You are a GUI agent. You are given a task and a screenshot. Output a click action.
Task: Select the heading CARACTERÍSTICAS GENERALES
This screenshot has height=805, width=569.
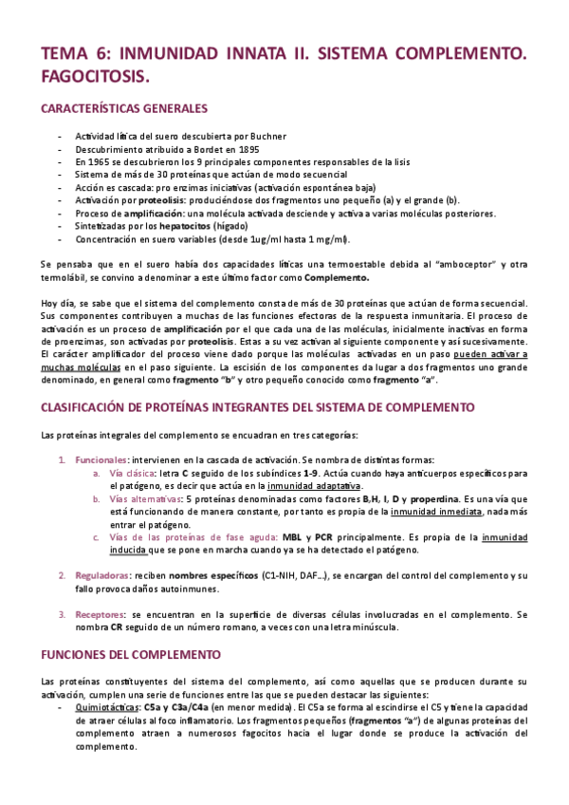[124, 109]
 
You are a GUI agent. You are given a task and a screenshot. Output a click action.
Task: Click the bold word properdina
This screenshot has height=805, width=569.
[432, 498]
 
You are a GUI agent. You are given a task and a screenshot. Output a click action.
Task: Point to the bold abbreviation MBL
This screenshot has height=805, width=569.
[296, 537]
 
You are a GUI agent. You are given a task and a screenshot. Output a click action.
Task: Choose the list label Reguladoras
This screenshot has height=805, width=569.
[102, 575]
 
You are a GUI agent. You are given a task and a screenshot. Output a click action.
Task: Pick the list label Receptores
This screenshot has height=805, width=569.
[100, 614]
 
